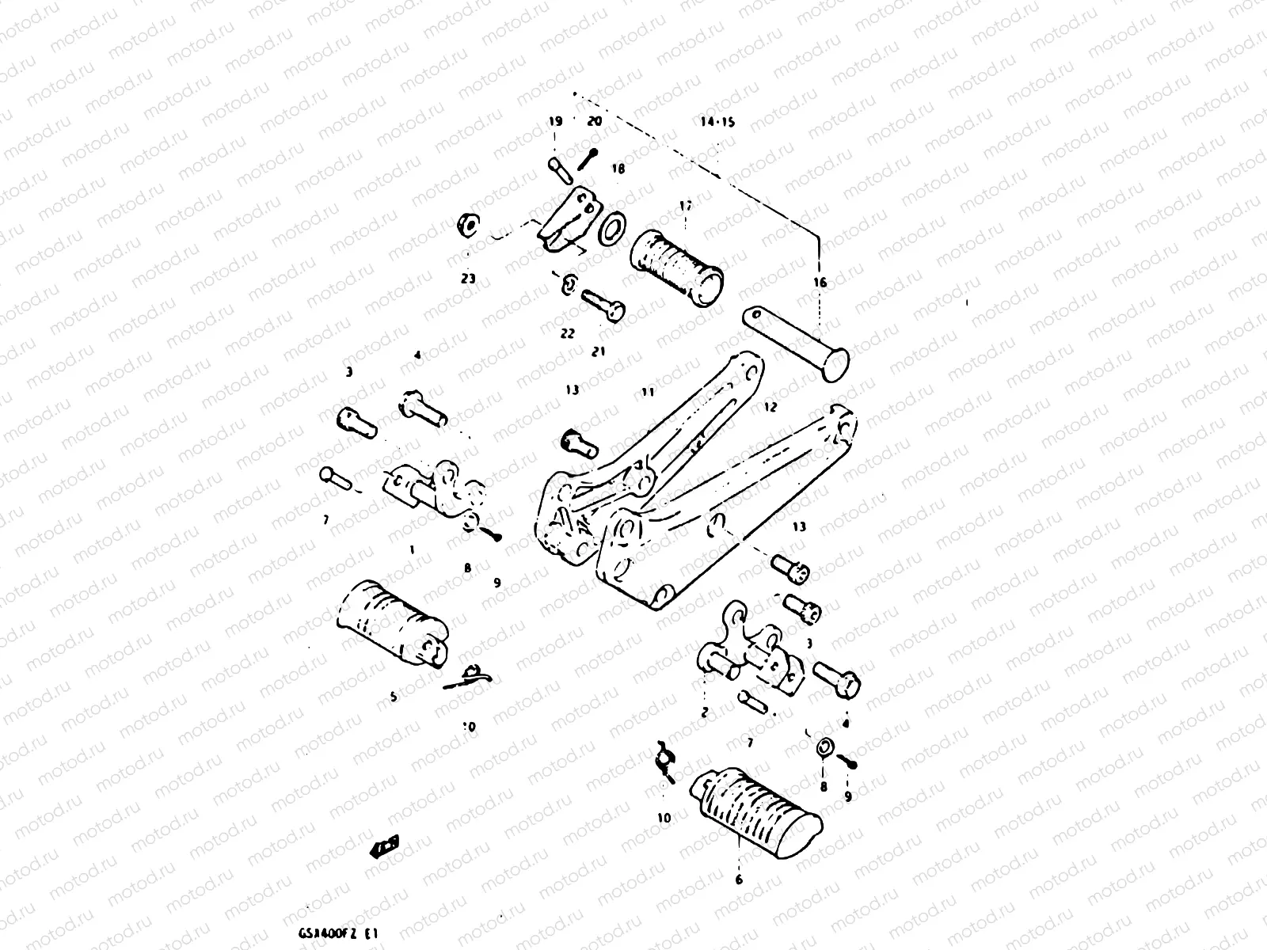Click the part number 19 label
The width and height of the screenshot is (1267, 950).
tap(555, 122)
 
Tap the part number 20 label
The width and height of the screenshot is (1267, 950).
tap(594, 122)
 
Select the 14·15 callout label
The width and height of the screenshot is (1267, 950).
tap(717, 123)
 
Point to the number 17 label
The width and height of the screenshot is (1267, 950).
tap(686, 206)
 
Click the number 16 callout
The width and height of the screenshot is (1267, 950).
tap(820, 283)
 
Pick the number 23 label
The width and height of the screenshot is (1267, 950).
tap(469, 279)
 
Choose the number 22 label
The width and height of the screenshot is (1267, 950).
tap(568, 333)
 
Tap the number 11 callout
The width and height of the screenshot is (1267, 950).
tap(649, 392)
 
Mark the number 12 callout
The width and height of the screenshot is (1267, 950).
tap(770, 407)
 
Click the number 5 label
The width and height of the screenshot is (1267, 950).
tap(394, 697)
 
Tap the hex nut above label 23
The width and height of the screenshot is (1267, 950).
tap(467, 225)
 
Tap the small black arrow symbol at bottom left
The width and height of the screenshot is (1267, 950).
tap(385, 845)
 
